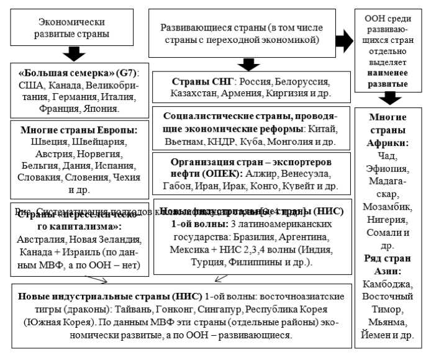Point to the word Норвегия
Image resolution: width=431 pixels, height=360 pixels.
97,154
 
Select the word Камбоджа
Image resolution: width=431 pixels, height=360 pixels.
389,284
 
